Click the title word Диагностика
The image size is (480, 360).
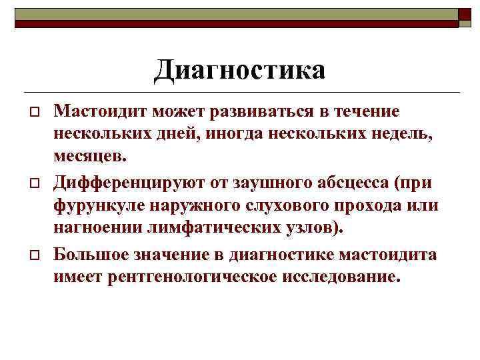tap(239, 70)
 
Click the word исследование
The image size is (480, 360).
tap(337, 277)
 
